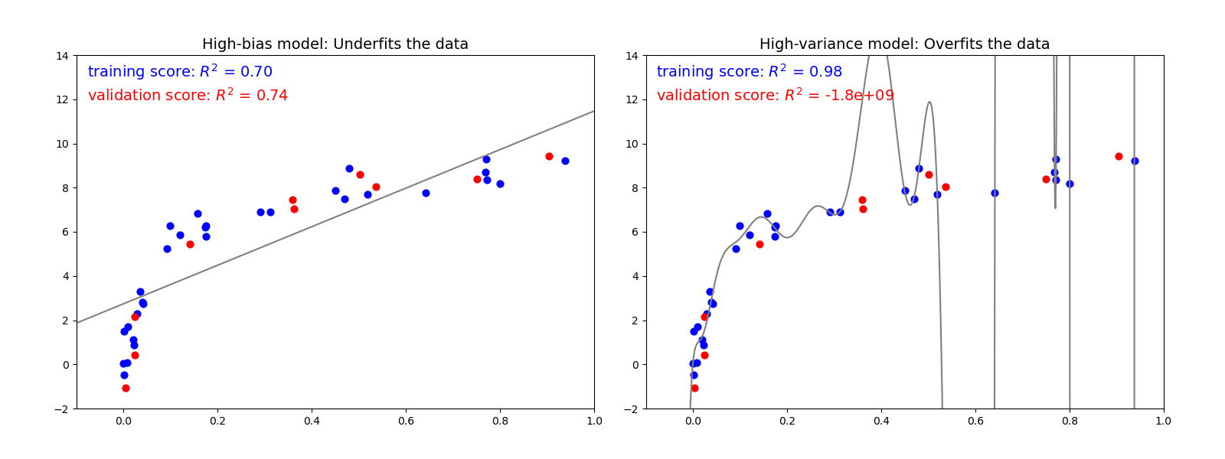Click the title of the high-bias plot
tap(335, 44)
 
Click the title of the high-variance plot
tap(904, 44)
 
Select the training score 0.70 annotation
tap(180, 72)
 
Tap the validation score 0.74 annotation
tap(188, 96)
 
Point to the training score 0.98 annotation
tap(749, 72)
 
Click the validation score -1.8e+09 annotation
tap(775, 96)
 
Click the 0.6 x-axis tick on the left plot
tap(406, 421)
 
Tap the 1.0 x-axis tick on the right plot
tap(1163, 421)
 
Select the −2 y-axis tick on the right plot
tap(632, 409)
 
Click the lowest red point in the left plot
tap(126, 388)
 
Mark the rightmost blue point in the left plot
tap(565, 161)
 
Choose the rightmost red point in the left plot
tap(549, 156)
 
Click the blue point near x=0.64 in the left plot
tap(426, 193)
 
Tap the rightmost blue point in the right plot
tap(1135, 161)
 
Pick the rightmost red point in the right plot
tap(1119, 156)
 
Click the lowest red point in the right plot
tap(694, 388)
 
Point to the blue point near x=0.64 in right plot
tap(995, 193)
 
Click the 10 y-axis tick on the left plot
tap(63, 144)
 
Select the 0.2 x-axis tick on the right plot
tap(787, 421)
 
